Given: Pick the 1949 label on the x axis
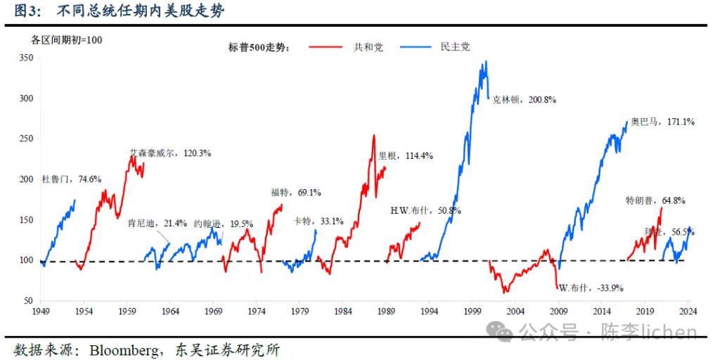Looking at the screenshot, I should (41, 311).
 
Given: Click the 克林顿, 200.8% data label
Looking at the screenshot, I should (525, 100).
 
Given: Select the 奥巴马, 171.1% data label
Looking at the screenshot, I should (662, 122).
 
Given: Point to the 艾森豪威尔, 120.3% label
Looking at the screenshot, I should (170, 152).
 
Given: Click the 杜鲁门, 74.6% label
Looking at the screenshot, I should (71, 179).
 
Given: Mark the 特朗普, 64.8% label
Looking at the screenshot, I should (655, 200).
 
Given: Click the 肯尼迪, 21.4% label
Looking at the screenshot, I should (157, 224).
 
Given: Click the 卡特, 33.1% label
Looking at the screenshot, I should (319, 221).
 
